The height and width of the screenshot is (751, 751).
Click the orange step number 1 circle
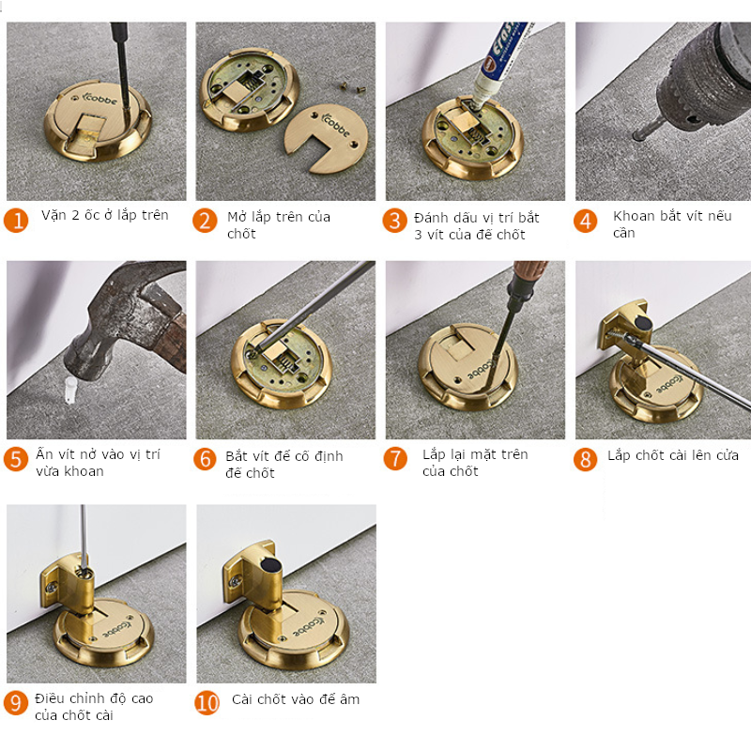click(x=16, y=221)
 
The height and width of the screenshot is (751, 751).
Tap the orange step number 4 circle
click(x=585, y=222)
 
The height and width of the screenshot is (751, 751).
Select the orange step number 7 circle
click(x=395, y=458)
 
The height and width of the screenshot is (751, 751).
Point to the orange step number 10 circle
click(x=207, y=702)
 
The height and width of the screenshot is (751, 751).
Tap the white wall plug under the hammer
click(x=70, y=390)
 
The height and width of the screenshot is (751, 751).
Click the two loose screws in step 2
click(x=351, y=86)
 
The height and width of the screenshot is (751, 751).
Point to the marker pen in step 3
click(x=498, y=62)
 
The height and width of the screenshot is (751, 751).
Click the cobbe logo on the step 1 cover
click(x=100, y=98)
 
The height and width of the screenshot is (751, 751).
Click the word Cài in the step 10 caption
click(x=242, y=699)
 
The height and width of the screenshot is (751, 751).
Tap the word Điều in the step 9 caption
click(x=50, y=697)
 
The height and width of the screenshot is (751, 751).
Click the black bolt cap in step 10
click(x=269, y=566)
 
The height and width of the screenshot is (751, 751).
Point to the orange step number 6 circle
click(x=205, y=458)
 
